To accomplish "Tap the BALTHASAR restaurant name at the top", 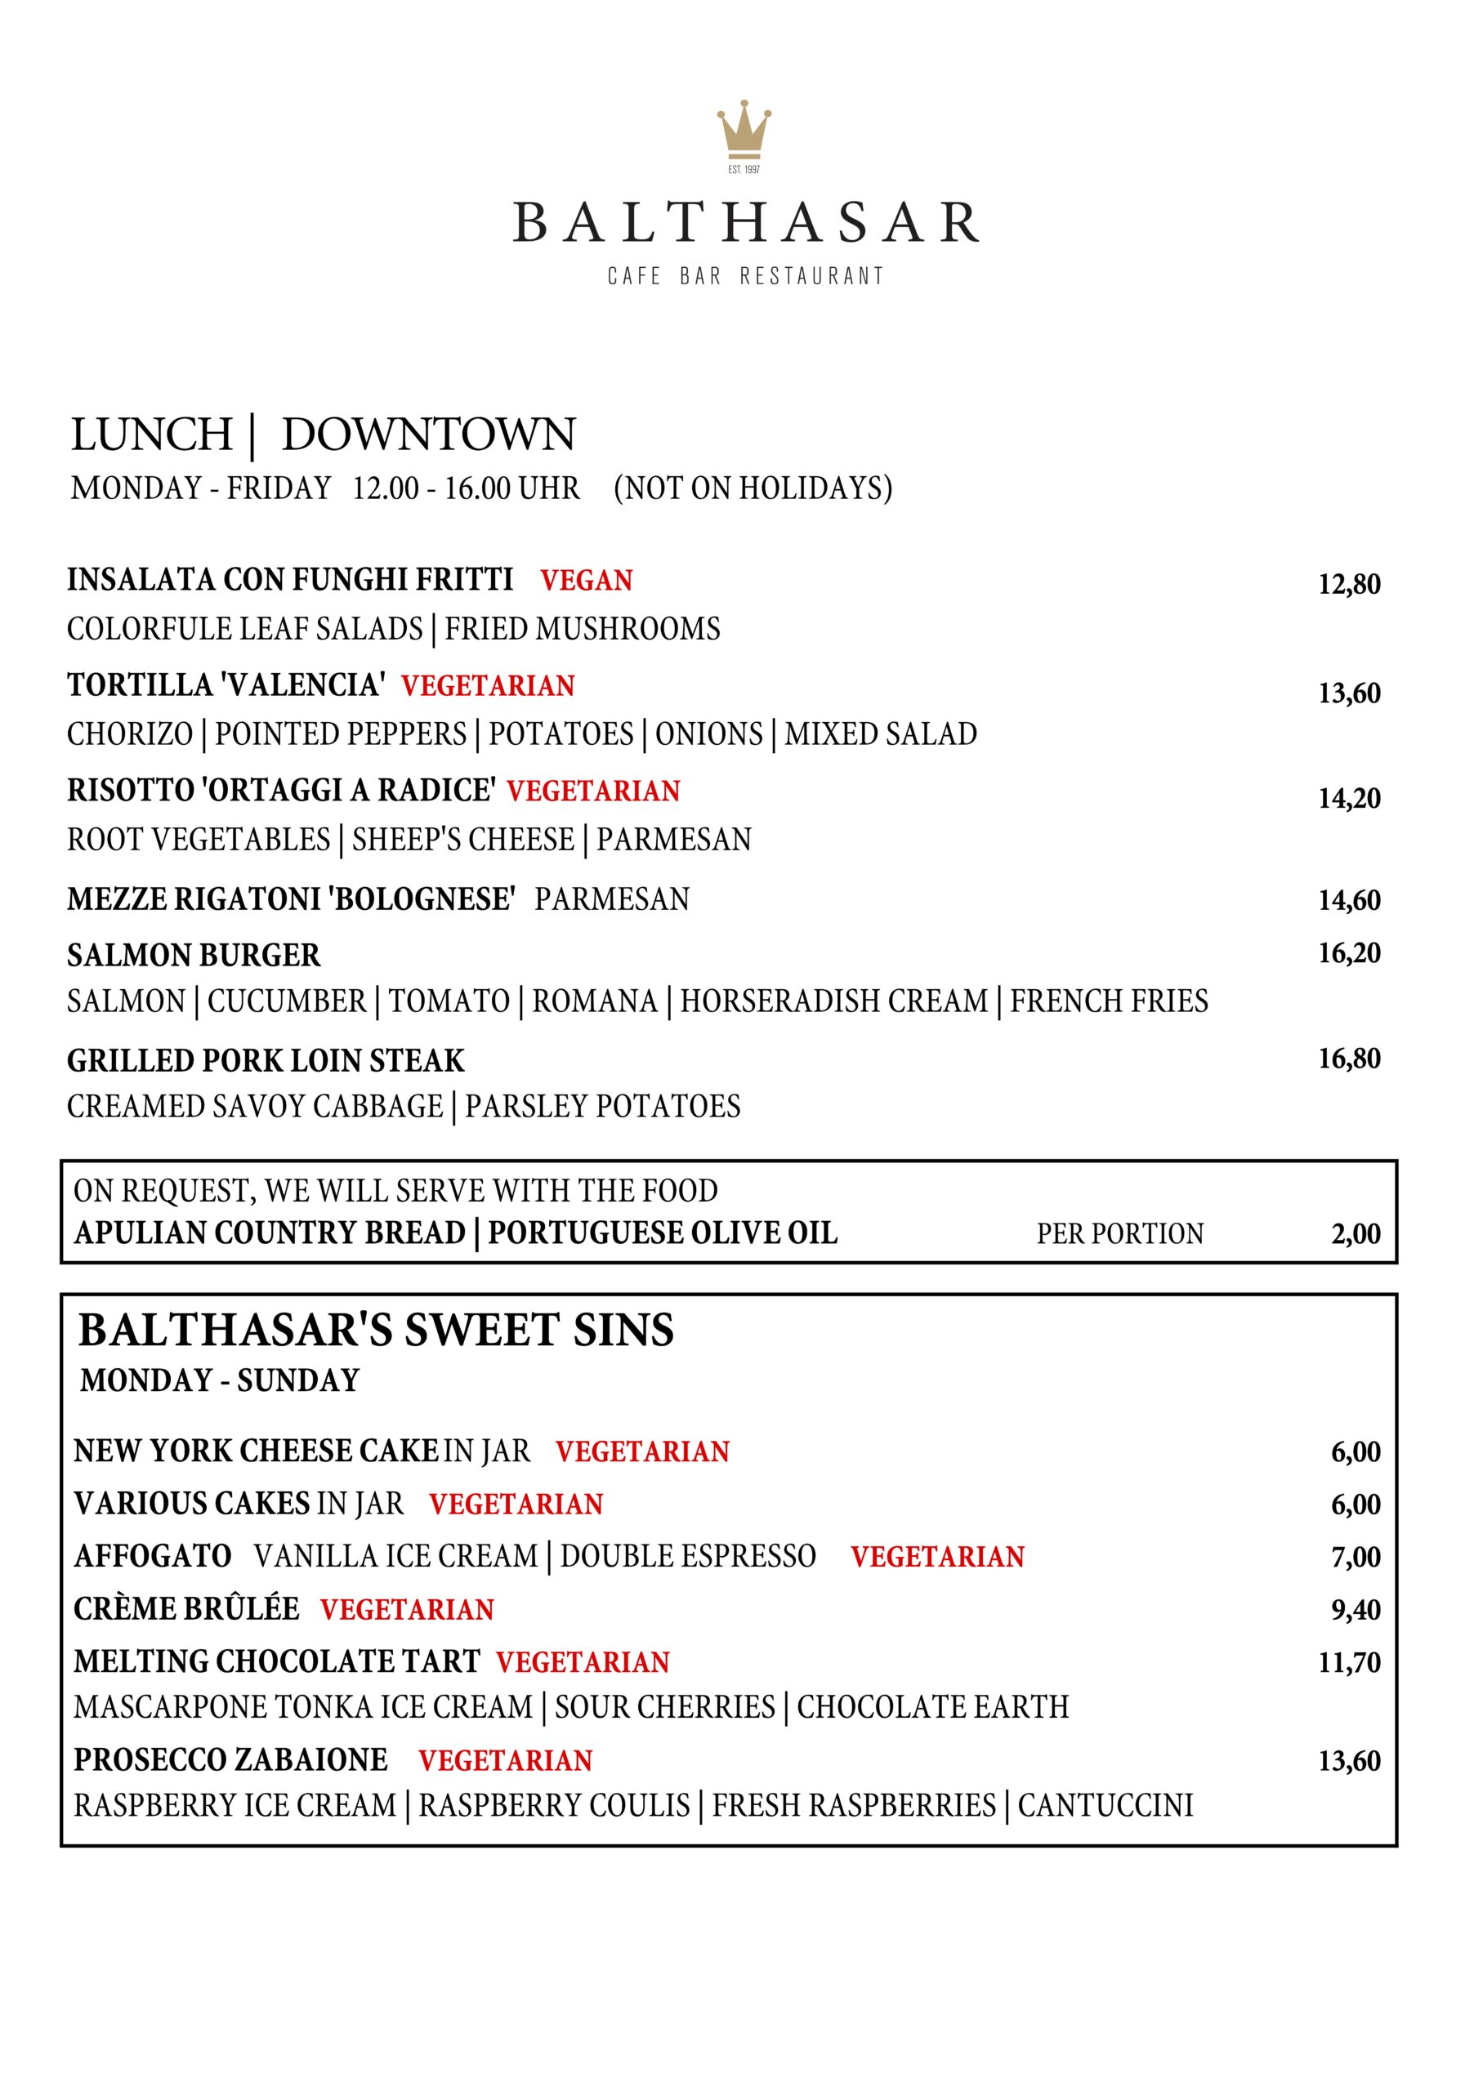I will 745,223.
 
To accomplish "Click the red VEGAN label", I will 586,580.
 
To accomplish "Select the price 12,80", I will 1349,584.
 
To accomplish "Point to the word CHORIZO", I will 129,734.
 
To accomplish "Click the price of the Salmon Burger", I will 1349,953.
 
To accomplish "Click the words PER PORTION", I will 1119,1234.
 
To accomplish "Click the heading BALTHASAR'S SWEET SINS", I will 375,1331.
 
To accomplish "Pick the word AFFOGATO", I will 152,1557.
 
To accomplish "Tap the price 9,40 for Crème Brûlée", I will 1356,1610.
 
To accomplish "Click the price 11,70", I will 1349,1663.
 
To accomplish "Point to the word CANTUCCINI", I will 1105,1805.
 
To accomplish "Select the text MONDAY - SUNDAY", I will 220,1380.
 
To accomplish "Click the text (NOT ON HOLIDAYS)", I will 753,488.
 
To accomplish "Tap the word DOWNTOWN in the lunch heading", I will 428,435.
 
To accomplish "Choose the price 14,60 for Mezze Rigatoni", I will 1349,900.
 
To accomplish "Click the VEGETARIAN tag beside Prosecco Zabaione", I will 505,1760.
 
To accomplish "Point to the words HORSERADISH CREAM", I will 833,1001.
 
